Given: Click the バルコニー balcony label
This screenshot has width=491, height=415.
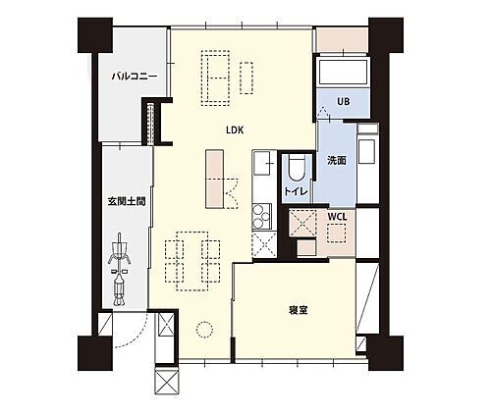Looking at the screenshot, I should [x=129, y=73].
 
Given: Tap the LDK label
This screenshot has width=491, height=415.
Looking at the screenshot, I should [x=235, y=130].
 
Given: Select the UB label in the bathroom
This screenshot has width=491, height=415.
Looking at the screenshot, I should [x=343, y=101].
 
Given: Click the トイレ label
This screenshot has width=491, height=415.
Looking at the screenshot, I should [x=293, y=190].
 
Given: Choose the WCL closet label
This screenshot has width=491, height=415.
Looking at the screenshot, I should [x=337, y=215].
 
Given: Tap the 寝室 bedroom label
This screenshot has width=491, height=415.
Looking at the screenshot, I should [x=299, y=311].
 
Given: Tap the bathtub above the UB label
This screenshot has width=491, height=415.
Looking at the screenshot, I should [x=343, y=72].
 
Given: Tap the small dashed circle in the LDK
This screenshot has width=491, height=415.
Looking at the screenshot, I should [x=206, y=331].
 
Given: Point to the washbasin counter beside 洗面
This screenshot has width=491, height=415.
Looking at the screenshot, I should [x=367, y=152].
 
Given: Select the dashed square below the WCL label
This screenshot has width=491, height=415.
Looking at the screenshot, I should [x=339, y=234].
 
